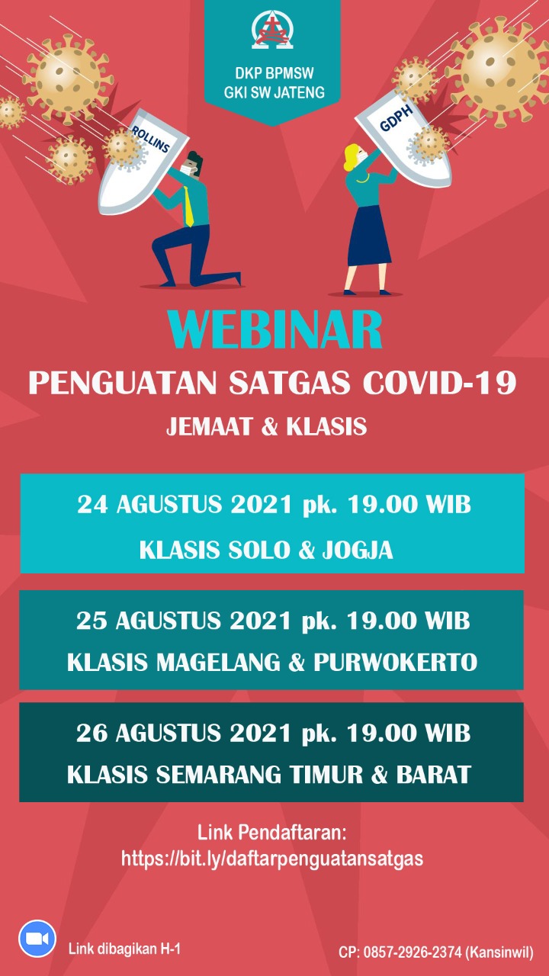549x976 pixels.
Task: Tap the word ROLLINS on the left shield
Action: coord(151,139)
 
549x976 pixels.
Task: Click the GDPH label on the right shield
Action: coord(396,118)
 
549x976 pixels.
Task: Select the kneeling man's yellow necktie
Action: coord(188,206)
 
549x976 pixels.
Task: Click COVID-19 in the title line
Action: coord(440,383)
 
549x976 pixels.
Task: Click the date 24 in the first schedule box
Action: coord(92,505)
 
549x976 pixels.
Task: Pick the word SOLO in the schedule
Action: coord(259,550)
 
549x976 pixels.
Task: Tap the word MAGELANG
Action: coord(218,663)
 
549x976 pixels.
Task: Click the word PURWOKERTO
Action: coord(395,663)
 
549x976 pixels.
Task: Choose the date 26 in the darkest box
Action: coord(91,733)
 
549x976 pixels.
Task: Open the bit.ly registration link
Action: coord(272,859)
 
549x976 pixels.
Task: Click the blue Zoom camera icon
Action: coord(37,939)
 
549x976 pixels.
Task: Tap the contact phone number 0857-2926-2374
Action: coord(413,952)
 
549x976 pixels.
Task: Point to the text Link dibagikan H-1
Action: coord(124,949)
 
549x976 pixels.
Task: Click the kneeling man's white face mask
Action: coord(188,169)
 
